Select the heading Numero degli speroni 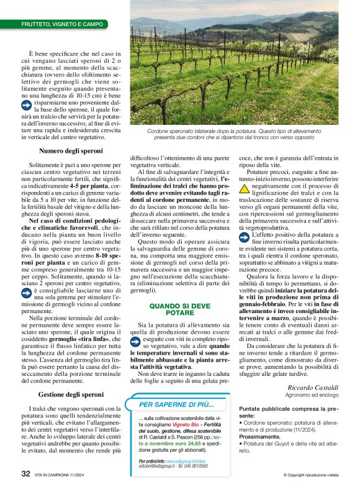pyautogui.click(x=71, y=151)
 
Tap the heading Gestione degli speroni pyautogui.click(x=71, y=394)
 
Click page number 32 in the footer pyautogui.click(x=26, y=473)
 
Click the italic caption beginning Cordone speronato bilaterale pyautogui.click(x=233, y=134)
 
